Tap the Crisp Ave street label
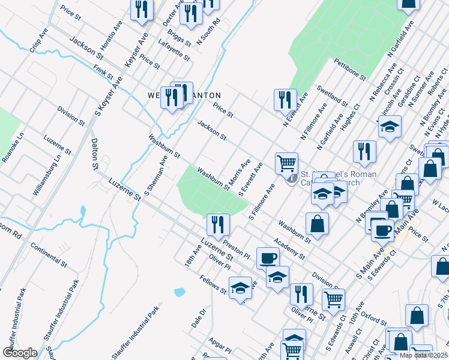[x=38, y=40]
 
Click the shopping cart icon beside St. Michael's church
[x=286, y=163]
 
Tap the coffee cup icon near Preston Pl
[x=268, y=257]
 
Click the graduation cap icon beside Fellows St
[x=240, y=288]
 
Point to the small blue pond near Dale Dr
[x=179, y=293]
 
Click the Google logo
[x=20, y=353]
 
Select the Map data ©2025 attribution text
[x=423, y=355]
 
